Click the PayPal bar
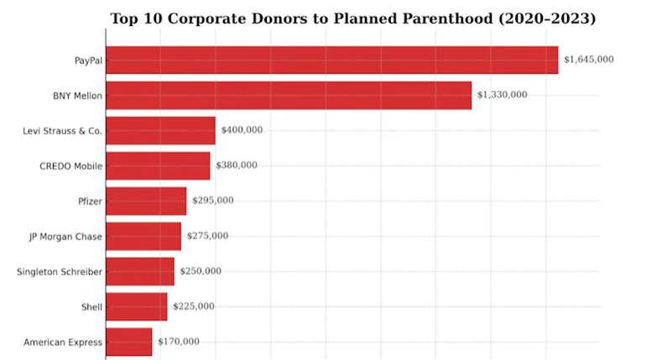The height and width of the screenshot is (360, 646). point(331,60)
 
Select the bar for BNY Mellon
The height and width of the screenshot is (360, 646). point(289,96)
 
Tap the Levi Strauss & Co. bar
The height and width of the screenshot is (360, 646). point(160,131)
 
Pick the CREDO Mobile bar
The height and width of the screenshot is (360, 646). point(158,166)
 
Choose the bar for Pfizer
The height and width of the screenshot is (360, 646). point(146,201)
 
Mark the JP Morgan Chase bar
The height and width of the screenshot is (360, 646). point(143,237)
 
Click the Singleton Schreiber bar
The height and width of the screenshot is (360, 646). point(140,272)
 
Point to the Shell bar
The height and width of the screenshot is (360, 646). point(137,307)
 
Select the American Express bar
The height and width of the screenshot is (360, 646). point(129,342)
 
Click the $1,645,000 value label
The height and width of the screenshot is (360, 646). point(589,60)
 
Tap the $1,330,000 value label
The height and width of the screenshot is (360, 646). point(502,95)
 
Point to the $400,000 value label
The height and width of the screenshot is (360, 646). point(242,130)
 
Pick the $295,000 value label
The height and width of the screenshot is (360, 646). point(213,201)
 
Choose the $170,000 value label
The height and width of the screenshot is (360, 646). point(179,342)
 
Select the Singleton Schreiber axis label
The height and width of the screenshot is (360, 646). point(60,272)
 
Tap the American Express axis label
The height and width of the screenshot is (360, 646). point(63,342)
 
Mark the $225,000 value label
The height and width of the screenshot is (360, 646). point(194,306)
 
